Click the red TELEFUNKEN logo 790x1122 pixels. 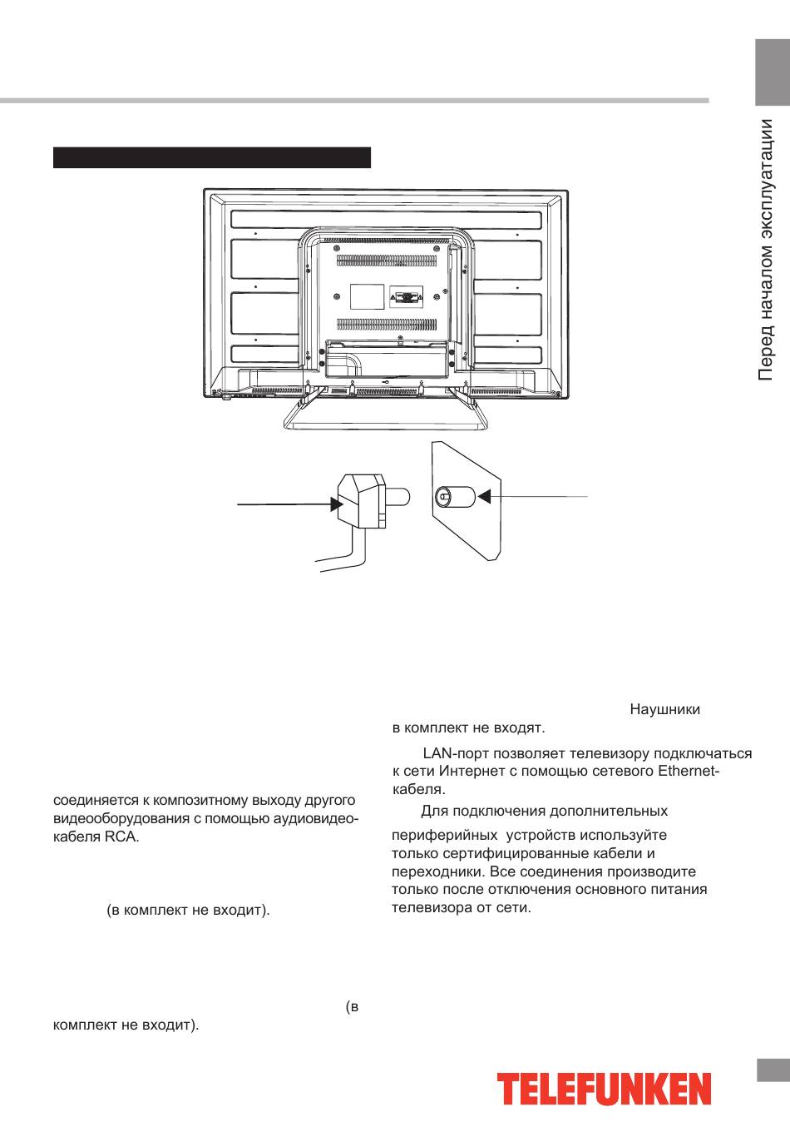pos(605,1090)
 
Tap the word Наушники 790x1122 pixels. pos(664,710)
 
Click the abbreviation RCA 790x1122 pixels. pos(122,837)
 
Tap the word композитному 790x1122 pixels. pos(193,801)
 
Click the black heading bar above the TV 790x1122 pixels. pos(212,157)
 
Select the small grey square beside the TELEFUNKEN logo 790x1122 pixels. pos(773,1070)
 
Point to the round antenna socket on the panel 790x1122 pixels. pos(443,497)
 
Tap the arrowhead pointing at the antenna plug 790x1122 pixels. pos(336,504)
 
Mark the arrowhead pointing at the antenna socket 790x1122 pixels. pos(485,497)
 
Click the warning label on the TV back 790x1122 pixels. pos(406,296)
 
